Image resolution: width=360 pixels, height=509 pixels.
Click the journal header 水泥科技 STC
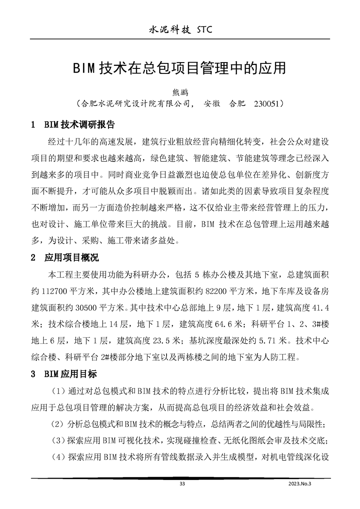179,29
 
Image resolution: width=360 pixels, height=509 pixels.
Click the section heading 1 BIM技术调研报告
73,124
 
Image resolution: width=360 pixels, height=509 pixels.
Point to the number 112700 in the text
55,290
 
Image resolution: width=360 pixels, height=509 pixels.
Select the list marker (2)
57,424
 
